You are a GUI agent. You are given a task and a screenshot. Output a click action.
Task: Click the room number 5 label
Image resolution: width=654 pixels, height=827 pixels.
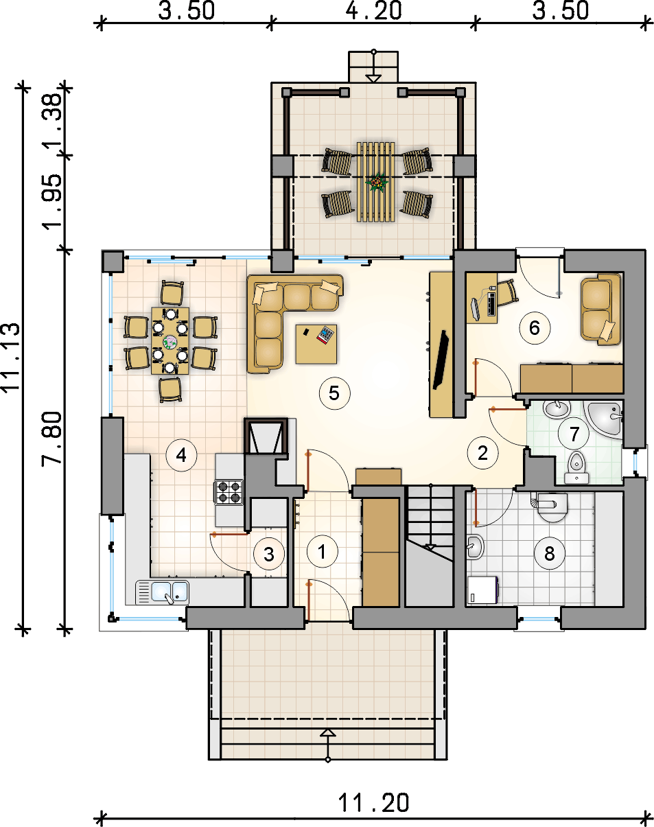point(334,393)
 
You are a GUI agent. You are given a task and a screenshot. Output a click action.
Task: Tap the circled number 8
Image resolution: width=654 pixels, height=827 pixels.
point(550,553)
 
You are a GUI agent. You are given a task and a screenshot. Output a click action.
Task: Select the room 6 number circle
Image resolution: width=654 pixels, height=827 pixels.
point(535,328)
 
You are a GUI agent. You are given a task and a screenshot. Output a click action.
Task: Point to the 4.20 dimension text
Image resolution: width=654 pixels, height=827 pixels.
point(373,10)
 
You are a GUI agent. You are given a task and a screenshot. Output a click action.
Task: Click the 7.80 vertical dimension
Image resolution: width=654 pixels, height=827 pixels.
point(51,438)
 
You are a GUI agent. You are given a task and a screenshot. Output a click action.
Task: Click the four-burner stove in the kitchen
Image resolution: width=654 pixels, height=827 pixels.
point(229,492)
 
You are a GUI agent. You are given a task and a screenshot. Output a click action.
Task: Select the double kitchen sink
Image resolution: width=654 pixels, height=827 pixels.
point(162,592)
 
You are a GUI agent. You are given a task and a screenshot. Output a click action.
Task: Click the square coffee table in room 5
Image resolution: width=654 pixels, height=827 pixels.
point(316,344)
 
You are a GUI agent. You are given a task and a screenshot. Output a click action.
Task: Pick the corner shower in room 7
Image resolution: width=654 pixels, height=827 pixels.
point(604,419)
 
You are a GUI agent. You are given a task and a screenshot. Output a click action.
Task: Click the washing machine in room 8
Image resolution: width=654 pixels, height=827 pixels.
point(482,590)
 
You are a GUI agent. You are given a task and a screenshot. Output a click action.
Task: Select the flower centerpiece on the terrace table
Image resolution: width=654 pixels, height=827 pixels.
point(377,181)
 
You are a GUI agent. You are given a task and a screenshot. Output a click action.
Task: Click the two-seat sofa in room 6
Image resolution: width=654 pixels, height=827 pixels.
point(600,310)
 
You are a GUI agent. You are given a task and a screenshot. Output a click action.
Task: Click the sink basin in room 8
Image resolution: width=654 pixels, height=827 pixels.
point(475,546)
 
